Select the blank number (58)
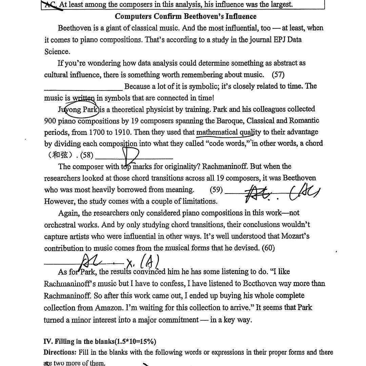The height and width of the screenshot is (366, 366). (86, 155)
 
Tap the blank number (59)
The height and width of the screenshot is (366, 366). (216, 190)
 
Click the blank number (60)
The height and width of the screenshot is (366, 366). (268, 248)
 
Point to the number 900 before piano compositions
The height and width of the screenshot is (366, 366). (50, 121)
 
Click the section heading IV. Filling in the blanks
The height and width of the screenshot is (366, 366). (100, 341)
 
